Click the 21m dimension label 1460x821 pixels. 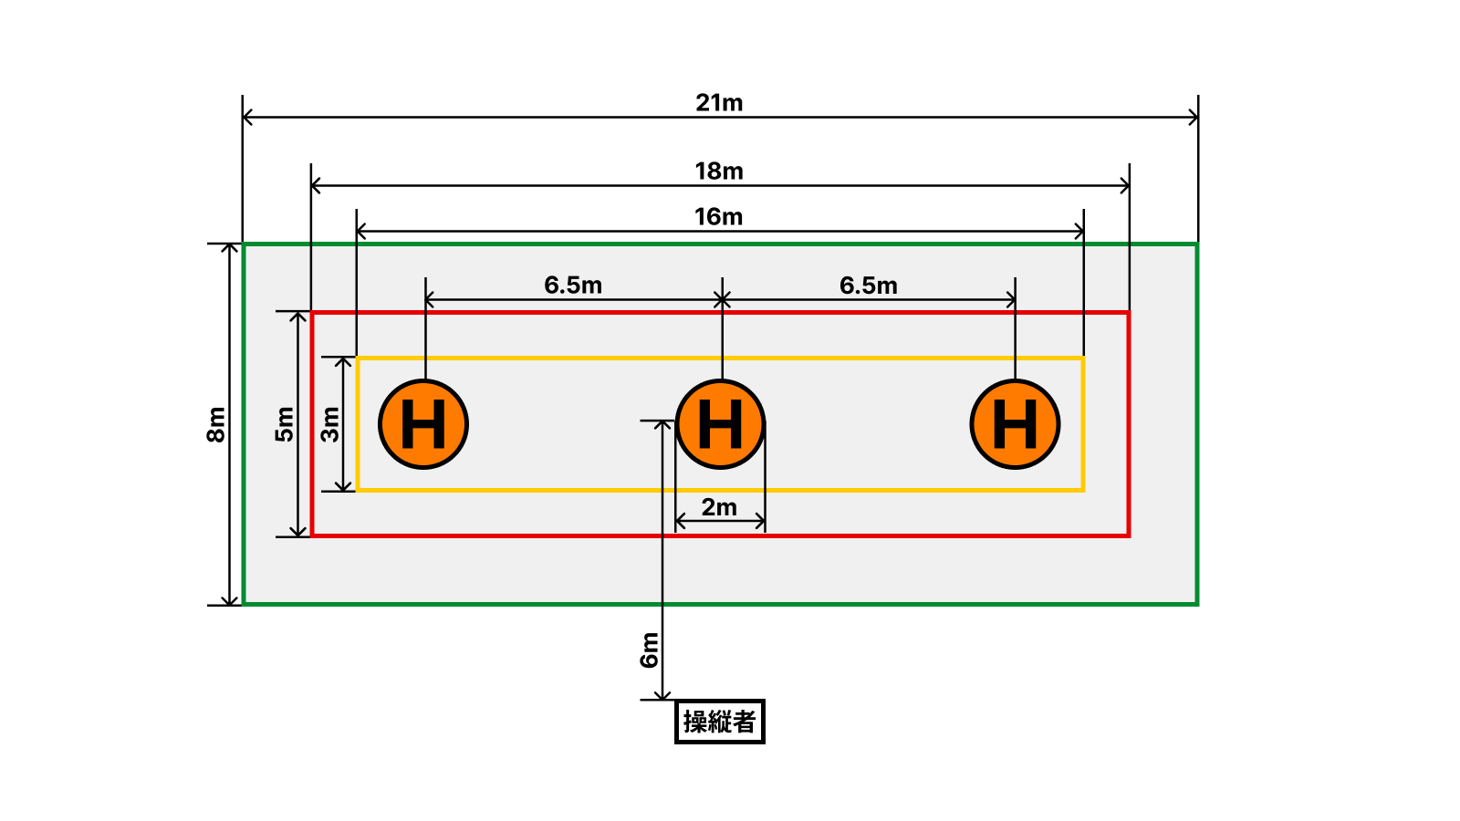pyautogui.click(x=719, y=103)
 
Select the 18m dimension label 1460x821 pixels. pyautogui.click(x=719, y=171)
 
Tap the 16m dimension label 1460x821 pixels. pyautogui.click(x=719, y=217)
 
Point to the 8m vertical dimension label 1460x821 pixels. pyautogui.click(x=216, y=424)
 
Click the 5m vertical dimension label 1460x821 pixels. pyautogui.click(x=285, y=424)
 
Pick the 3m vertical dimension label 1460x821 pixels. pyautogui.click(x=330, y=424)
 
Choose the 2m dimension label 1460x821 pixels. pyautogui.click(x=719, y=507)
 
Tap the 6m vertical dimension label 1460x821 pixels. pyautogui.click(x=649, y=650)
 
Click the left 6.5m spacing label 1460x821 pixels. pyautogui.click(x=573, y=286)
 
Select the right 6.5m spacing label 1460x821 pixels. pyautogui.click(x=869, y=286)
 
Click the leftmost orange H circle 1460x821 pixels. pyautogui.click(x=423, y=424)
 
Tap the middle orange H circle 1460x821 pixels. pyautogui.click(x=720, y=424)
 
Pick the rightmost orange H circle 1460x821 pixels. pyautogui.click(x=1015, y=424)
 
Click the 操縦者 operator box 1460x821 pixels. pyautogui.click(x=720, y=722)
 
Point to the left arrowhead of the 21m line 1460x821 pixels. pyautogui.click(x=246, y=117)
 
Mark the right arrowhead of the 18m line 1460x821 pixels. pyautogui.click(x=1125, y=186)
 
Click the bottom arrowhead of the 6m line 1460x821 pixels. pyautogui.click(x=662, y=695)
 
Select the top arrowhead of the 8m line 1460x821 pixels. pyautogui.click(x=230, y=248)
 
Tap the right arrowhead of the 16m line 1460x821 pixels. pyautogui.click(x=1079, y=232)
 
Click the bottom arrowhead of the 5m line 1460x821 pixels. pyautogui.click(x=298, y=532)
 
